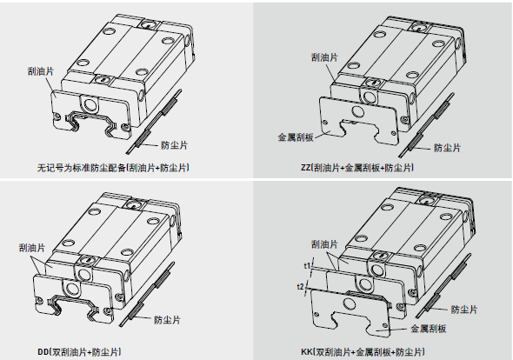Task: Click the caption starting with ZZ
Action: (357, 168)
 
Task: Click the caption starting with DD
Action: (79, 352)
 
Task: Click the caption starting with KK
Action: (363, 352)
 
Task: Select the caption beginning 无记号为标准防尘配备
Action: (113, 168)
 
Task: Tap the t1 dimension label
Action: (307, 266)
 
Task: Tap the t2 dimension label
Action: (300, 287)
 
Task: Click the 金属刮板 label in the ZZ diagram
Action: (296, 137)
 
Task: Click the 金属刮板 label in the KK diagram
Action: (429, 329)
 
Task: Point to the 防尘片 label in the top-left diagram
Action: (175, 145)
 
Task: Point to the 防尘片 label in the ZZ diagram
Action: (447, 148)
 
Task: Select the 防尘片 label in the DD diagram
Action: (167, 320)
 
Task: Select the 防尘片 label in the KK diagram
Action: (464, 310)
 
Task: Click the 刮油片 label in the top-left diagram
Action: (41, 71)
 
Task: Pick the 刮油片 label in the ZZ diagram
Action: (324, 57)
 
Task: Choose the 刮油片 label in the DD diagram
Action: (32, 248)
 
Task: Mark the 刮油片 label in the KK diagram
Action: (324, 244)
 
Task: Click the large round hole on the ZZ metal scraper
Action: (357, 112)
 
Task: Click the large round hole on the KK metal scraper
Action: (349, 305)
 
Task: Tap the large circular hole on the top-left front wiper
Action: (90, 104)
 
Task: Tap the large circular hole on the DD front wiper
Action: (71, 289)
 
